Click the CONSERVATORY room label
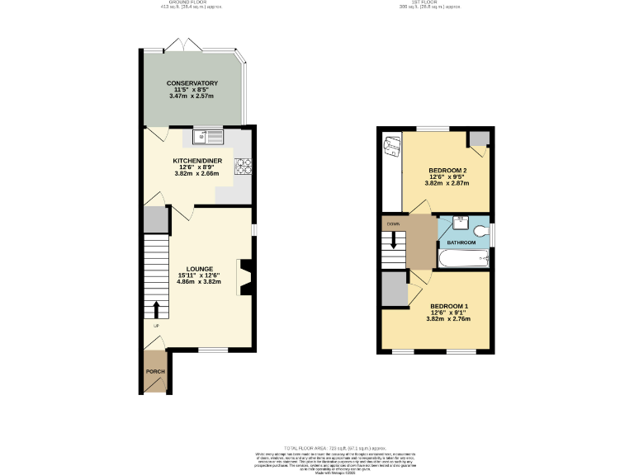tap(192, 83)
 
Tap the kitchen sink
tap(207, 135)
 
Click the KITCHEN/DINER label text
tap(196, 161)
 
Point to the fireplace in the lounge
tap(245, 277)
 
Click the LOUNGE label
tap(200, 269)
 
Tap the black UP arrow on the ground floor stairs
tap(155, 309)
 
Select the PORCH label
tap(155, 372)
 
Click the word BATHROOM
tap(461, 242)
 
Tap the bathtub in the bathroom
tap(464, 260)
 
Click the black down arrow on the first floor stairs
tap(394, 241)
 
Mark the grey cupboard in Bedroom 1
tap(394, 289)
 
